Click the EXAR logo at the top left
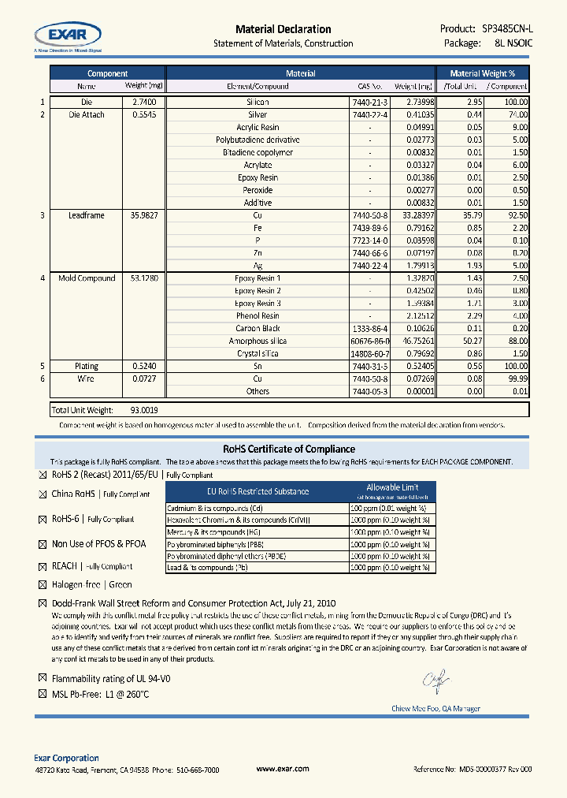[68, 35]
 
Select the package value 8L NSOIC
[509, 43]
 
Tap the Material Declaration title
[283, 29]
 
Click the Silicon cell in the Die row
[258, 103]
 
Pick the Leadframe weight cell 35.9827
[144, 215]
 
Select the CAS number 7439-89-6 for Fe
[369, 228]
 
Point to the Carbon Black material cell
[258, 328]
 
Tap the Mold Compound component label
[87, 278]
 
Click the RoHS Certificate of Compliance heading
[283, 449]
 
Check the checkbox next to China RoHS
[43, 494]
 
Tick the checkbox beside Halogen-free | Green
[43, 585]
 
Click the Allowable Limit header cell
[392, 487]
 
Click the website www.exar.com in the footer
[283, 769]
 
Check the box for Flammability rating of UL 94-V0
[43, 678]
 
